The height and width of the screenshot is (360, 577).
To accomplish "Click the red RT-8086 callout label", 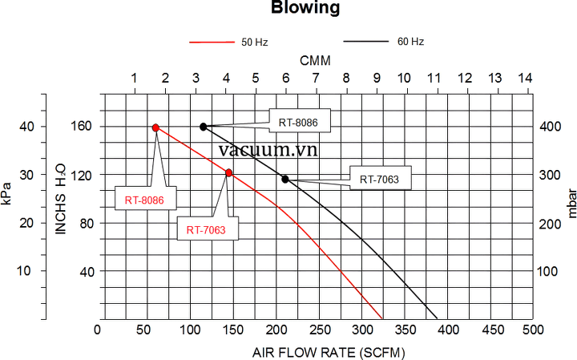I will tap(144, 199).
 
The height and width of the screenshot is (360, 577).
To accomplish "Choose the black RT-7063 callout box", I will tap(380, 179).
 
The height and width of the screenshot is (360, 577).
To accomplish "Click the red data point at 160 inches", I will tap(155, 127).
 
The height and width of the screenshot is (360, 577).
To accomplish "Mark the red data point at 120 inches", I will tap(229, 173).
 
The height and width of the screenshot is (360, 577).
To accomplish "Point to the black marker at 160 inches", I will tap(204, 127).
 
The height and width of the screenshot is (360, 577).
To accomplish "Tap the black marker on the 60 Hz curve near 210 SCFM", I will tap(285, 179).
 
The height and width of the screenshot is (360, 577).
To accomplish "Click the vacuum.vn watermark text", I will tap(267, 149).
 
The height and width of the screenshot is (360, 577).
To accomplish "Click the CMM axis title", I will tap(315, 61).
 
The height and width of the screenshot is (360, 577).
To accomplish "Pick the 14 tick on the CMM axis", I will tap(525, 79).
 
